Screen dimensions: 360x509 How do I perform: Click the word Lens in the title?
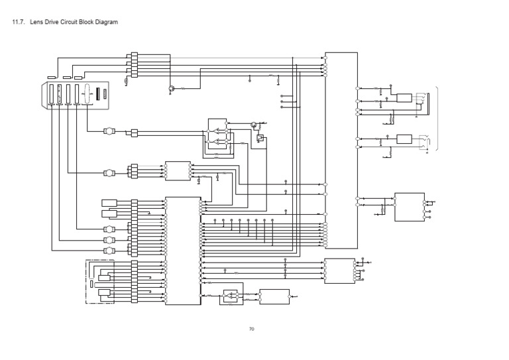point(37,23)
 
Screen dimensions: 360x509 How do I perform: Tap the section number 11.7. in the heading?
point(18,23)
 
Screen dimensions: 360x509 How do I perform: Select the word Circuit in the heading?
point(70,23)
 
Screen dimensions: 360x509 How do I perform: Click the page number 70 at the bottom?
point(252,329)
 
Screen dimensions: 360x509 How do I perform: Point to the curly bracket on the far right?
point(436,119)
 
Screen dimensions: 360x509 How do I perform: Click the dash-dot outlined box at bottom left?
point(101,282)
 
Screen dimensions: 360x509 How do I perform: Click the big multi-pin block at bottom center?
point(183,251)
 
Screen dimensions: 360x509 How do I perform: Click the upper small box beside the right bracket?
point(404,98)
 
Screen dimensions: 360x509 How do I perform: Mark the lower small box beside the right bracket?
point(404,139)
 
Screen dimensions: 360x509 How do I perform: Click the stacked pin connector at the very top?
point(134,64)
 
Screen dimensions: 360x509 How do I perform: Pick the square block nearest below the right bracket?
point(409,208)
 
